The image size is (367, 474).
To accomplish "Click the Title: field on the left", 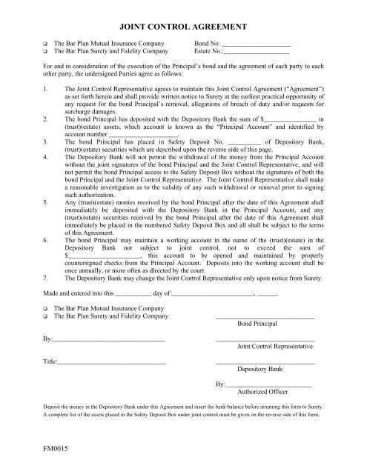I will (104, 361).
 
